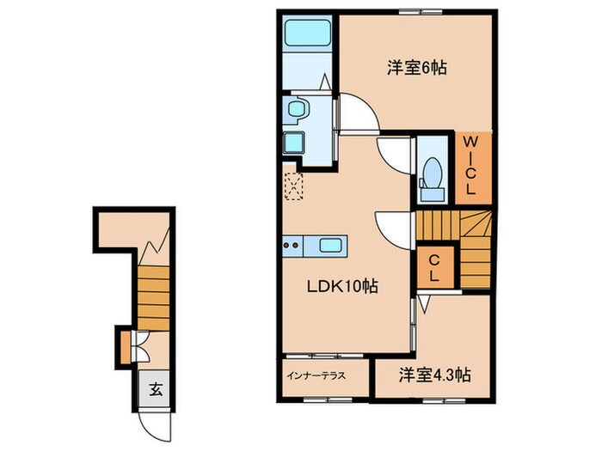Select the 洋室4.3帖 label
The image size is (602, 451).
pyautogui.click(x=434, y=375)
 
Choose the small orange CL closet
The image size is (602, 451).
pyautogui.click(x=435, y=268)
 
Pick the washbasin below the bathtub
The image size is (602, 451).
pyautogui.click(x=298, y=110)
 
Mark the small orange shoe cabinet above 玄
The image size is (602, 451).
pyautogui.click(x=126, y=346)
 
